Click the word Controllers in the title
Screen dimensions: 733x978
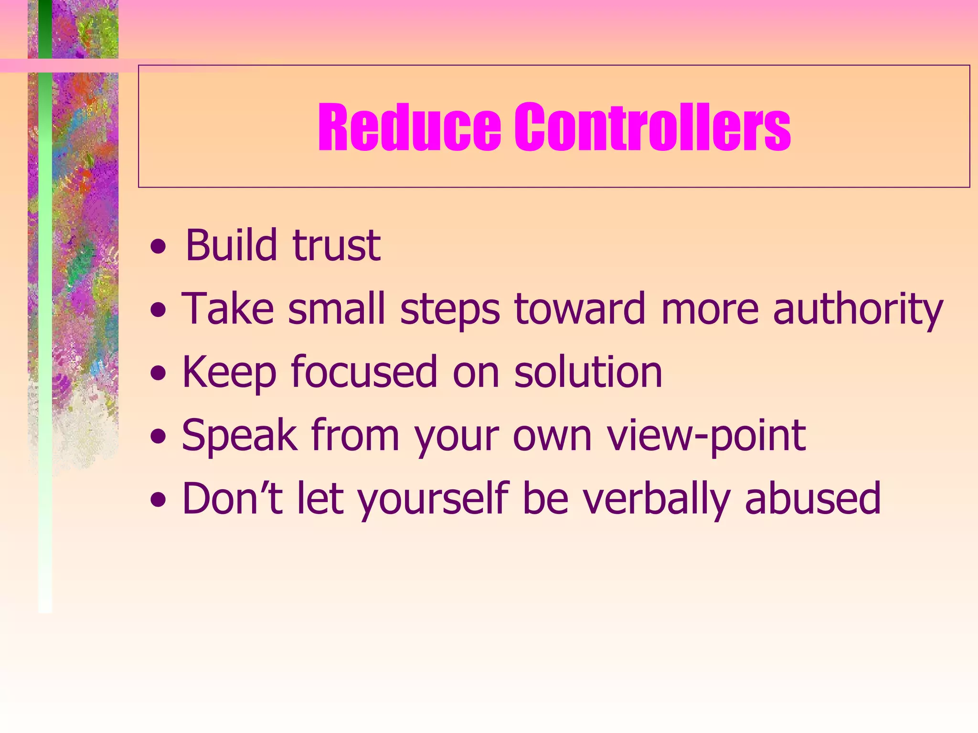[x=652, y=127]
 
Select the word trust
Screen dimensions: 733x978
[x=336, y=246]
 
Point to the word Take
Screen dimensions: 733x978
[x=228, y=309]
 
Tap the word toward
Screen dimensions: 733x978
[x=580, y=309]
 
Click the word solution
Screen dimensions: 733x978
[x=588, y=372]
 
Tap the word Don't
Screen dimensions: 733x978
[x=232, y=499]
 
